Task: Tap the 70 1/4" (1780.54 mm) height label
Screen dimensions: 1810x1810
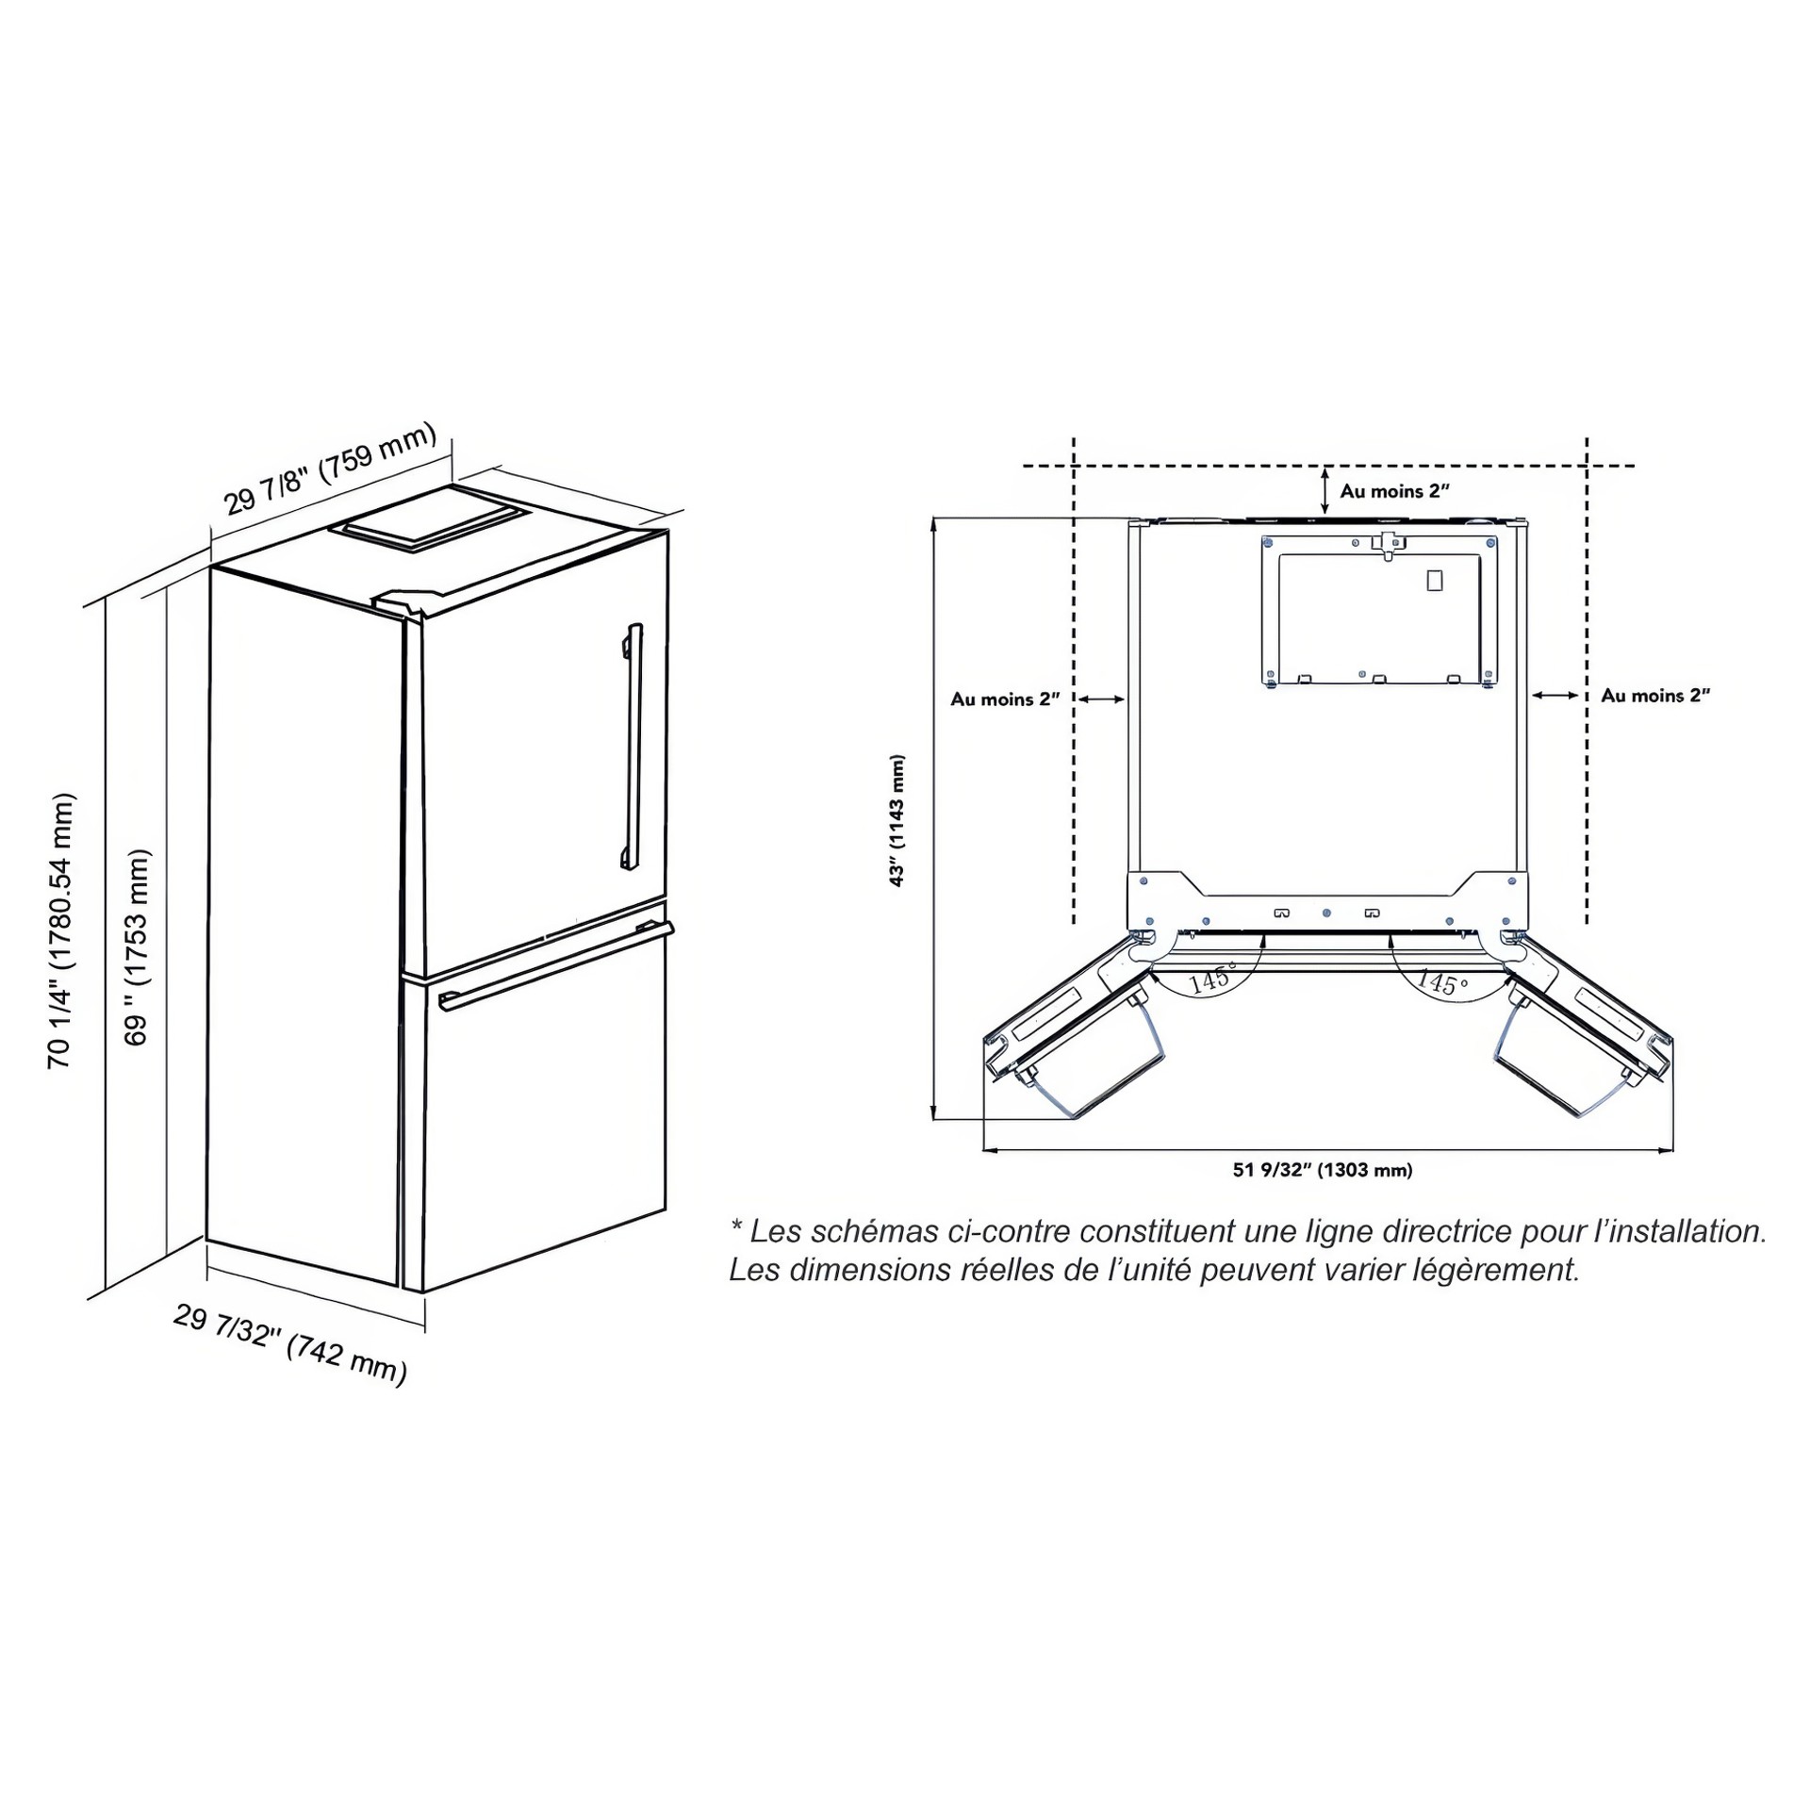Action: (x=61, y=930)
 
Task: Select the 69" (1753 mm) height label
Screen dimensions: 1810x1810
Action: (x=138, y=947)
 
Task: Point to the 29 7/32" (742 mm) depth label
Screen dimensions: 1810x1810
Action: (x=290, y=1345)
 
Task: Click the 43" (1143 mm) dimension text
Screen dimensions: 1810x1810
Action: (x=897, y=820)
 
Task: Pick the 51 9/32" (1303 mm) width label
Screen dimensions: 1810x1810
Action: (x=1323, y=1170)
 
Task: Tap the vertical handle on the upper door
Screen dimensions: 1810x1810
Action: (x=632, y=746)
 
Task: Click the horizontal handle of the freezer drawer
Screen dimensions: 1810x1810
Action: (x=556, y=965)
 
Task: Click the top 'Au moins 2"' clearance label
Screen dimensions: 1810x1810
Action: (x=1394, y=491)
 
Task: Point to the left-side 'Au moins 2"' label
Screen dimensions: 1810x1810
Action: (x=1005, y=699)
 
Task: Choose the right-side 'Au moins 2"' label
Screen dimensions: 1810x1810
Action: (x=1655, y=696)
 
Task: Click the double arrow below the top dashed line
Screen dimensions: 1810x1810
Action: (x=1325, y=491)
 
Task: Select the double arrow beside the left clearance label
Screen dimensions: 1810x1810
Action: (x=1101, y=699)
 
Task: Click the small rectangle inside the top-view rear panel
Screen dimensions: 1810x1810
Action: (x=1434, y=581)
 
